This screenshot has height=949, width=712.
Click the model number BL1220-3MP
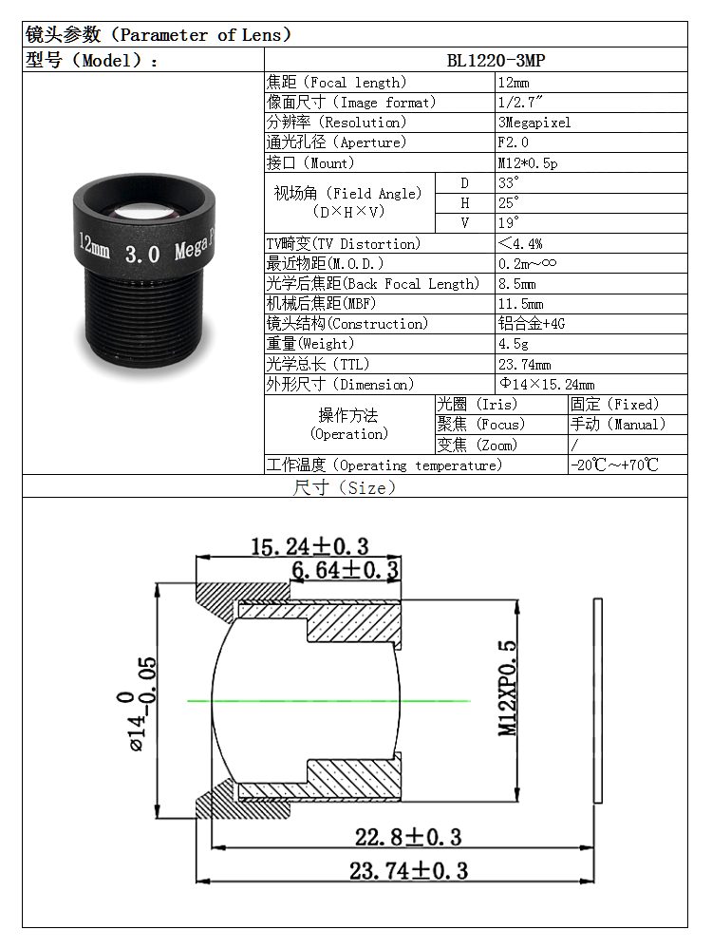(496, 61)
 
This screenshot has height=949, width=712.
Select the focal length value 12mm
(513, 83)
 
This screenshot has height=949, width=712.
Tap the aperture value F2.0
(513, 142)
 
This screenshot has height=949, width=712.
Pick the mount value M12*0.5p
(528, 162)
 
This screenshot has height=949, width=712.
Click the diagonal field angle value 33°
(508, 182)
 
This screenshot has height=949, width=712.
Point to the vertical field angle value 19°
(508, 222)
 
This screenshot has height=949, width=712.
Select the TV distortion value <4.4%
(519, 243)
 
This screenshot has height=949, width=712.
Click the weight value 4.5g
(513, 344)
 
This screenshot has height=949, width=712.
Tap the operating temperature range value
(614, 465)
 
